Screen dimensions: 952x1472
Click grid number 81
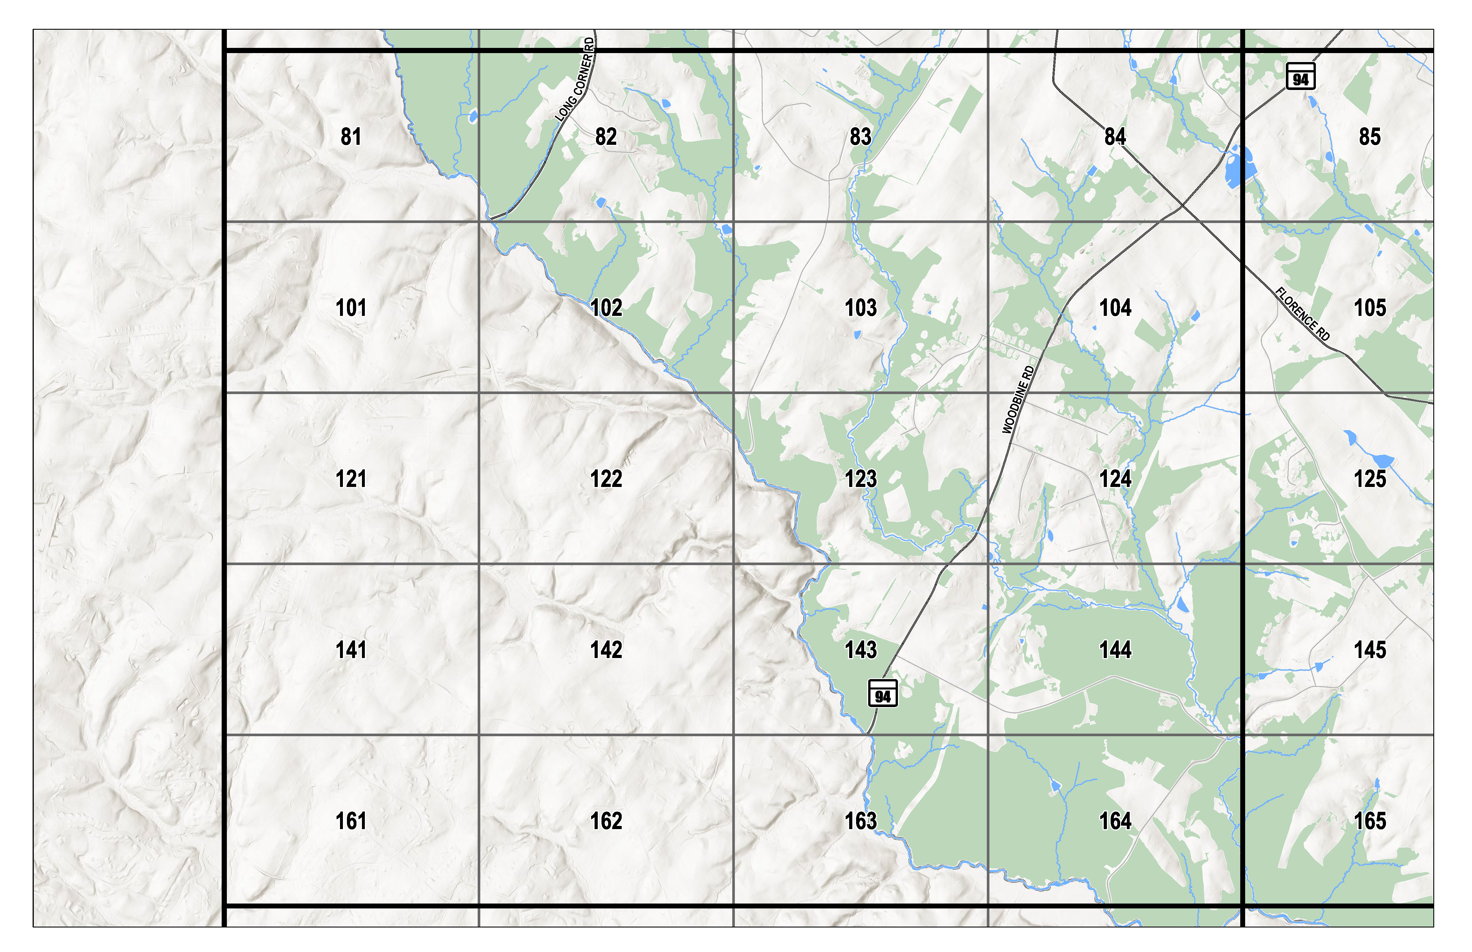(351, 137)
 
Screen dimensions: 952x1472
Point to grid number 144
(1115, 650)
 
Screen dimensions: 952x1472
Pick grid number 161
(351, 821)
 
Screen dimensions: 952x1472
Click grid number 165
(1370, 821)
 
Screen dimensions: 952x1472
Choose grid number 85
(1370, 137)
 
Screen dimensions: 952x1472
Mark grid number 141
(351, 650)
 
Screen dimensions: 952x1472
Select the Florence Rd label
(1303, 314)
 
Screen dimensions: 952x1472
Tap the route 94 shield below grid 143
(883, 693)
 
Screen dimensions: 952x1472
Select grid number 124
(1115, 479)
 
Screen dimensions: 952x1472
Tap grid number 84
(1115, 137)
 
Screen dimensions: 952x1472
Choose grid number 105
(1370, 308)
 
